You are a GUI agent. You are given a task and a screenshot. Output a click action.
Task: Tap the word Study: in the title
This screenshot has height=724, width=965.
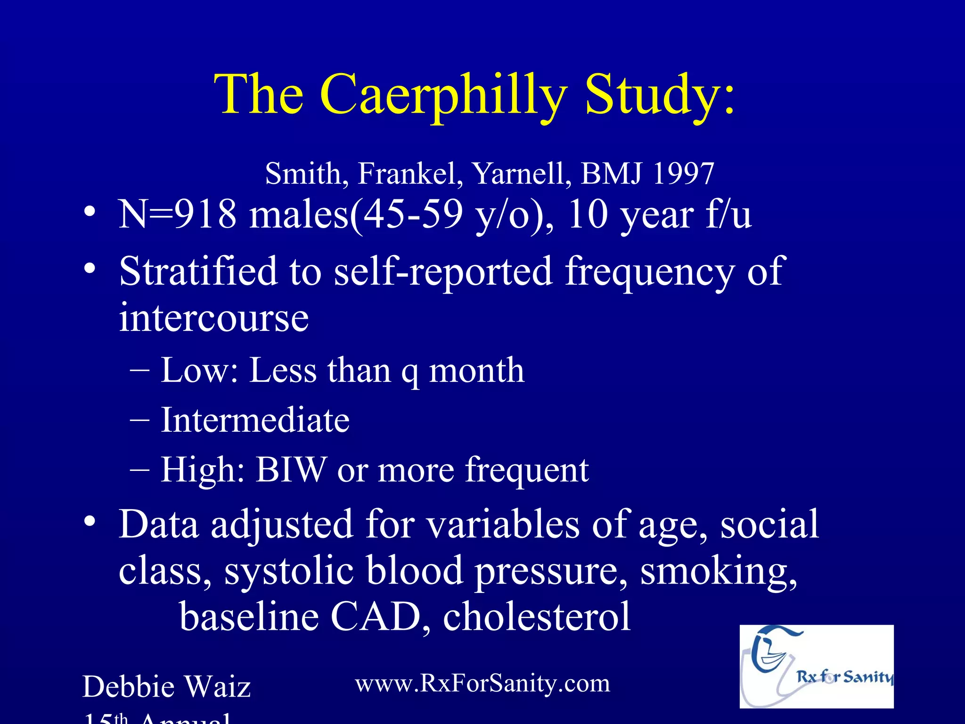point(660,94)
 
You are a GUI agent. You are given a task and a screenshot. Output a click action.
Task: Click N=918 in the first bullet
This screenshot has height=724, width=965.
point(177,214)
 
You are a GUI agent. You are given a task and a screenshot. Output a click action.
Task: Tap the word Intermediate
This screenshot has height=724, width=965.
point(255,420)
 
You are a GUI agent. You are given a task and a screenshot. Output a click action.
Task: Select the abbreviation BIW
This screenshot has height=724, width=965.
point(291,469)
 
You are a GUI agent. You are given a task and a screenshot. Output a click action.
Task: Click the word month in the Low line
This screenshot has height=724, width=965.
point(476,370)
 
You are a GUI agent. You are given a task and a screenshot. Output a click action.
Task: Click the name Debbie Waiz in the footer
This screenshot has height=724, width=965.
point(166,686)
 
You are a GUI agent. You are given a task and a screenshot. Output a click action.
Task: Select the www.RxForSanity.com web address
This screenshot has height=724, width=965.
point(482,683)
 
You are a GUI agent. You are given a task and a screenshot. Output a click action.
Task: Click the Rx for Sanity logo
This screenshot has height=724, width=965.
point(816,666)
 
